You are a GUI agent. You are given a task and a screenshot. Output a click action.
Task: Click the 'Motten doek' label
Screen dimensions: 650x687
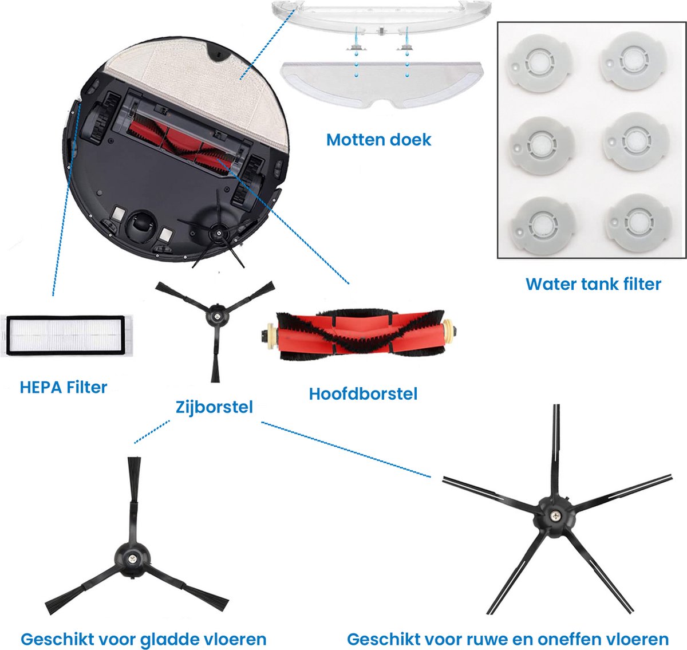378,140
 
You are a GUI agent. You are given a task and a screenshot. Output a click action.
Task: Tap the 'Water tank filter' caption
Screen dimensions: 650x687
593,284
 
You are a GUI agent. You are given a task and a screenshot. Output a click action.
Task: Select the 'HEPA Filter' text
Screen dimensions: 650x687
64,387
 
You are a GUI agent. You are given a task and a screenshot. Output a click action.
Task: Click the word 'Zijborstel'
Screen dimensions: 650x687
214,407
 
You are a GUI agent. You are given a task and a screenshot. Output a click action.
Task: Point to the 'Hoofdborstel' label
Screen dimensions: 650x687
363,394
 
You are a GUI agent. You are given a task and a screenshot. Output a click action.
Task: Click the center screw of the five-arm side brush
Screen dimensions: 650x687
555,517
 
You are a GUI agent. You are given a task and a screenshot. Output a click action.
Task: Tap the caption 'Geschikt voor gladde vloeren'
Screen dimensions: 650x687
143,639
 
